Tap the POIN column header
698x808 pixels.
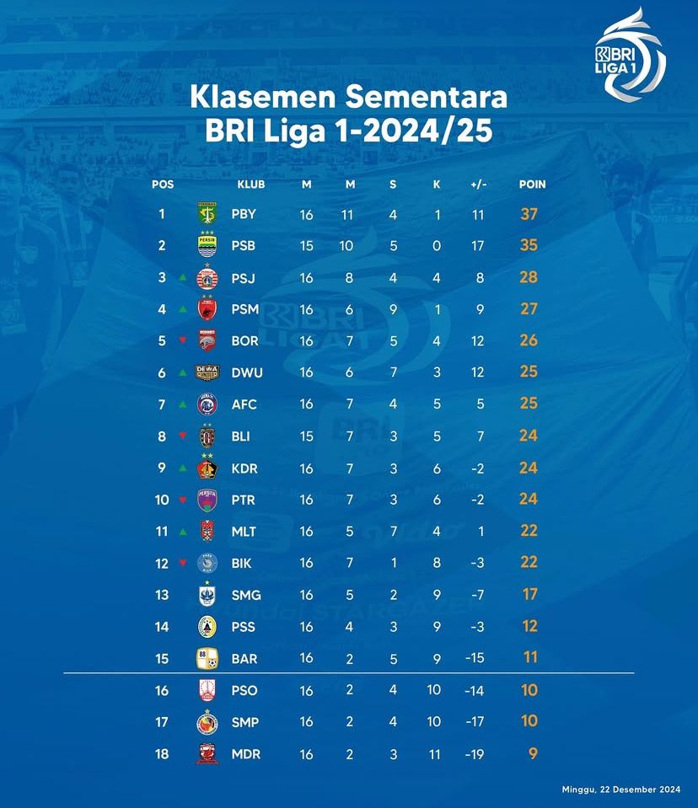(x=532, y=185)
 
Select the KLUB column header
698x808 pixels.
(x=250, y=185)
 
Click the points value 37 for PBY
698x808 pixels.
(x=529, y=214)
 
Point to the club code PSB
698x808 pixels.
(x=244, y=246)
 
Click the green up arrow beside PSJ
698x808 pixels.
(x=182, y=277)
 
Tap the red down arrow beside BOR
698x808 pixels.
(x=182, y=341)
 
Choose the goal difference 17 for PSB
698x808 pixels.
(x=478, y=246)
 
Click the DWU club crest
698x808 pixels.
(x=207, y=372)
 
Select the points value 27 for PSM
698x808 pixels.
(x=529, y=309)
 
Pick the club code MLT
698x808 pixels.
(x=244, y=532)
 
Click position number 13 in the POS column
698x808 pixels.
(x=162, y=595)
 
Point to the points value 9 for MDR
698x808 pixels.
(x=530, y=753)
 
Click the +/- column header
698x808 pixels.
(x=478, y=185)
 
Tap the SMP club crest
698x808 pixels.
(x=207, y=722)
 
